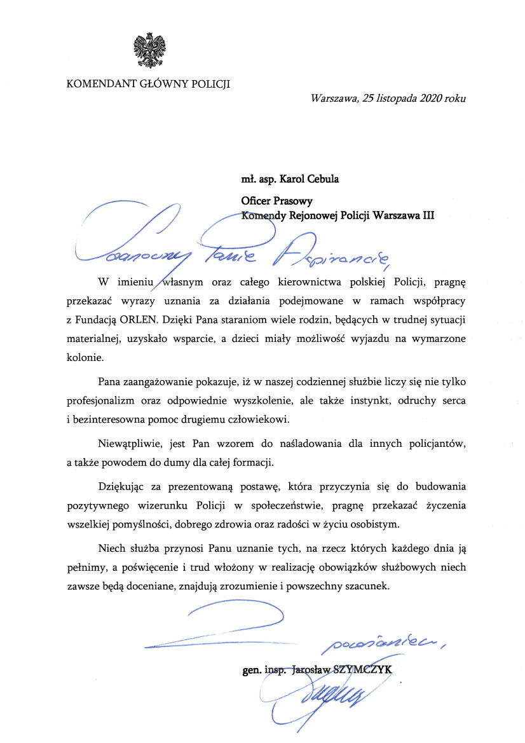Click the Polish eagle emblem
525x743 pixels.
(x=149, y=53)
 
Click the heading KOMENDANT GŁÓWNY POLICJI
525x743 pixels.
(x=148, y=84)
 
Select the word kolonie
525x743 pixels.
(x=85, y=358)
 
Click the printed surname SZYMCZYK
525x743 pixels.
(x=374, y=670)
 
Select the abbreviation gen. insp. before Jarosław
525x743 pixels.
(x=264, y=670)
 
